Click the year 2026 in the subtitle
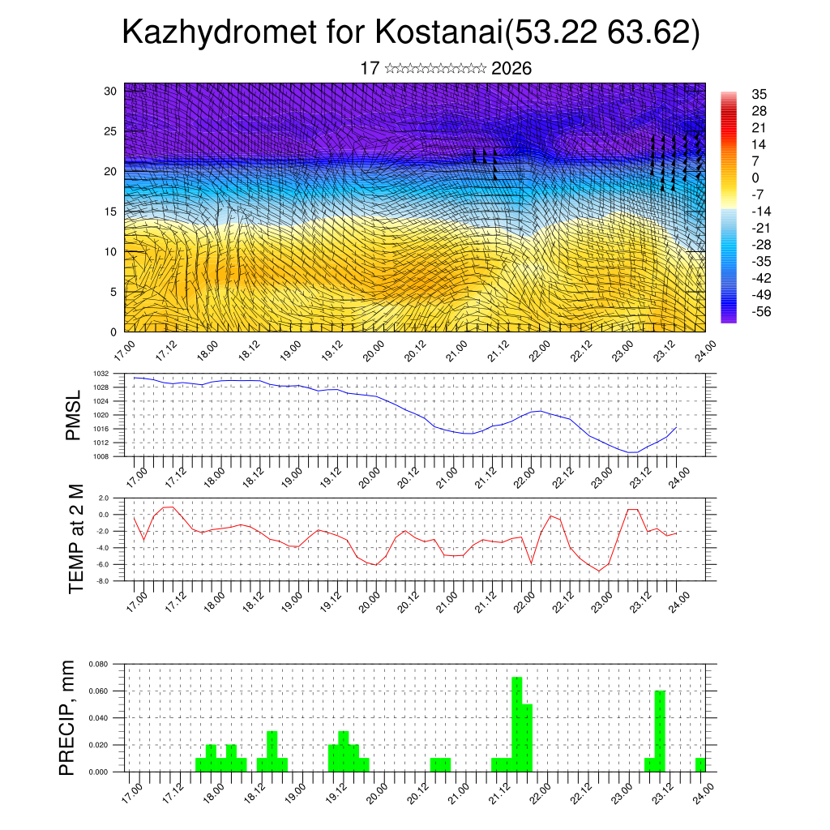pos(511,69)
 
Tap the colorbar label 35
pos(759,94)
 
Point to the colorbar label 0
pos(755,178)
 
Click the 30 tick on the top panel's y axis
pos(111,91)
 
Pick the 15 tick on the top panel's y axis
pos(111,212)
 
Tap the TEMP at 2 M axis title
pos(76,539)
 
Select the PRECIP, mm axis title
pos(70,717)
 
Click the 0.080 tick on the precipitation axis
pos(98,664)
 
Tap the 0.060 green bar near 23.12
pos(660,729)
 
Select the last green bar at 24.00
pos(700,764)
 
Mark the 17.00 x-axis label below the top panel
pos(125,352)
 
